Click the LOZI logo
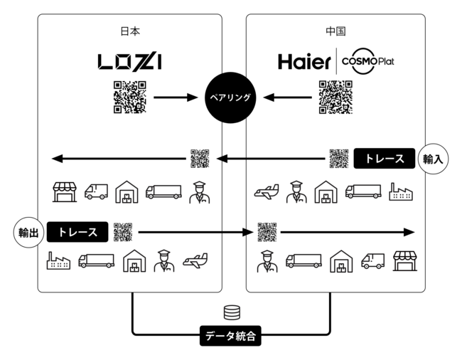point(129,62)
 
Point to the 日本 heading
point(129,31)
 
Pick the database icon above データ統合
point(231,312)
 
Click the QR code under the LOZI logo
point(129,97)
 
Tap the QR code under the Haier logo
point(335,97)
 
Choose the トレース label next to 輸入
point(385,159)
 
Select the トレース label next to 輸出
point(78,232)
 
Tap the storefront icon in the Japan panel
point(64,191)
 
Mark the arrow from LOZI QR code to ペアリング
point(175,97)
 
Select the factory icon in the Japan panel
point(57,261)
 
